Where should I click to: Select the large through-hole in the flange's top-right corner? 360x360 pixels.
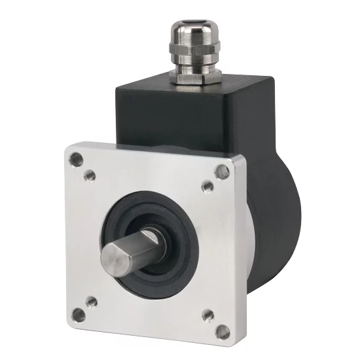222,171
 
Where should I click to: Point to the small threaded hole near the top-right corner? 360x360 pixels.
207,187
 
